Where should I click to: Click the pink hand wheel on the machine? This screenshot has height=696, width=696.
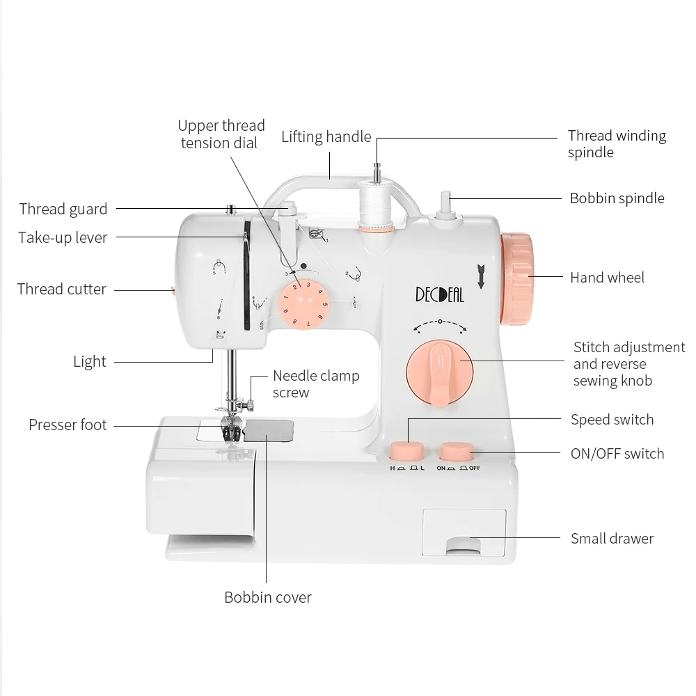pyautogui.click(x=517, y=279)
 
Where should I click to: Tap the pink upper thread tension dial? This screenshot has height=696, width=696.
pyautogui.click(x=304, y=305)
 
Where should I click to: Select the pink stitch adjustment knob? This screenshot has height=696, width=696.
pyautogui.click(x=439, y=372)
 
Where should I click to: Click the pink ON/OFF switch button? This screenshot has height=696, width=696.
pyautogui.click(x=457, y=452)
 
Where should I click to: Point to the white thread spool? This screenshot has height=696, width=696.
pyautogui.click(x=376, y=206)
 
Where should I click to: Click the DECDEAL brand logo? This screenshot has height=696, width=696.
pyautogui.click(x=439, y=294)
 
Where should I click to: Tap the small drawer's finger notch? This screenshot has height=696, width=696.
pyautogui.click(x=464, y=546)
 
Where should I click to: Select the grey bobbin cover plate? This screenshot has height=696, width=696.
pyautogui.click(x=269, y=431)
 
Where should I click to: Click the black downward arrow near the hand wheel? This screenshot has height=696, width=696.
pyautogui.click(x=481, y=276)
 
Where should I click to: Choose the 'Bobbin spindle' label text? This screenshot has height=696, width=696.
pyautogui.click(x=617, y=198)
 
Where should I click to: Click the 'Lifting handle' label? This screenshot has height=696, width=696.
pyautogui.click(x=326, y=136)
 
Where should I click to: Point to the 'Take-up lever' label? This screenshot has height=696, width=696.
pyautogui.click(x=63, y=237)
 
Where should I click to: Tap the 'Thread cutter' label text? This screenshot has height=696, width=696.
pyautogui.click(x=62, y=289)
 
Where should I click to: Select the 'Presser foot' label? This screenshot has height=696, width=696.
pyautogui.click(x=68, y=425)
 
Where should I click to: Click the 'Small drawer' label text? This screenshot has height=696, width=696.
pyautogui.click(x=612, y=539)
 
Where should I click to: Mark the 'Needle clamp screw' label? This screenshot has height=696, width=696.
pyautogui.click(x=316, y=384)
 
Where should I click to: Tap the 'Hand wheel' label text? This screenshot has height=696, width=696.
pyautogui.click(x=607, y=278)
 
